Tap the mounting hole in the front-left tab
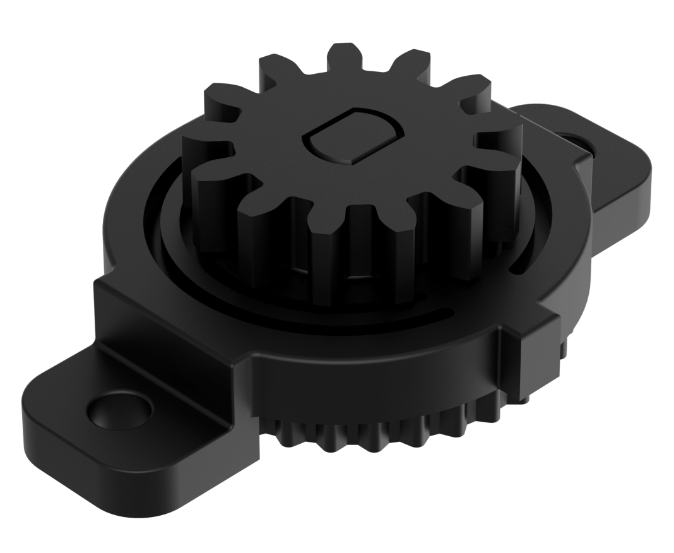[119, 411]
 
